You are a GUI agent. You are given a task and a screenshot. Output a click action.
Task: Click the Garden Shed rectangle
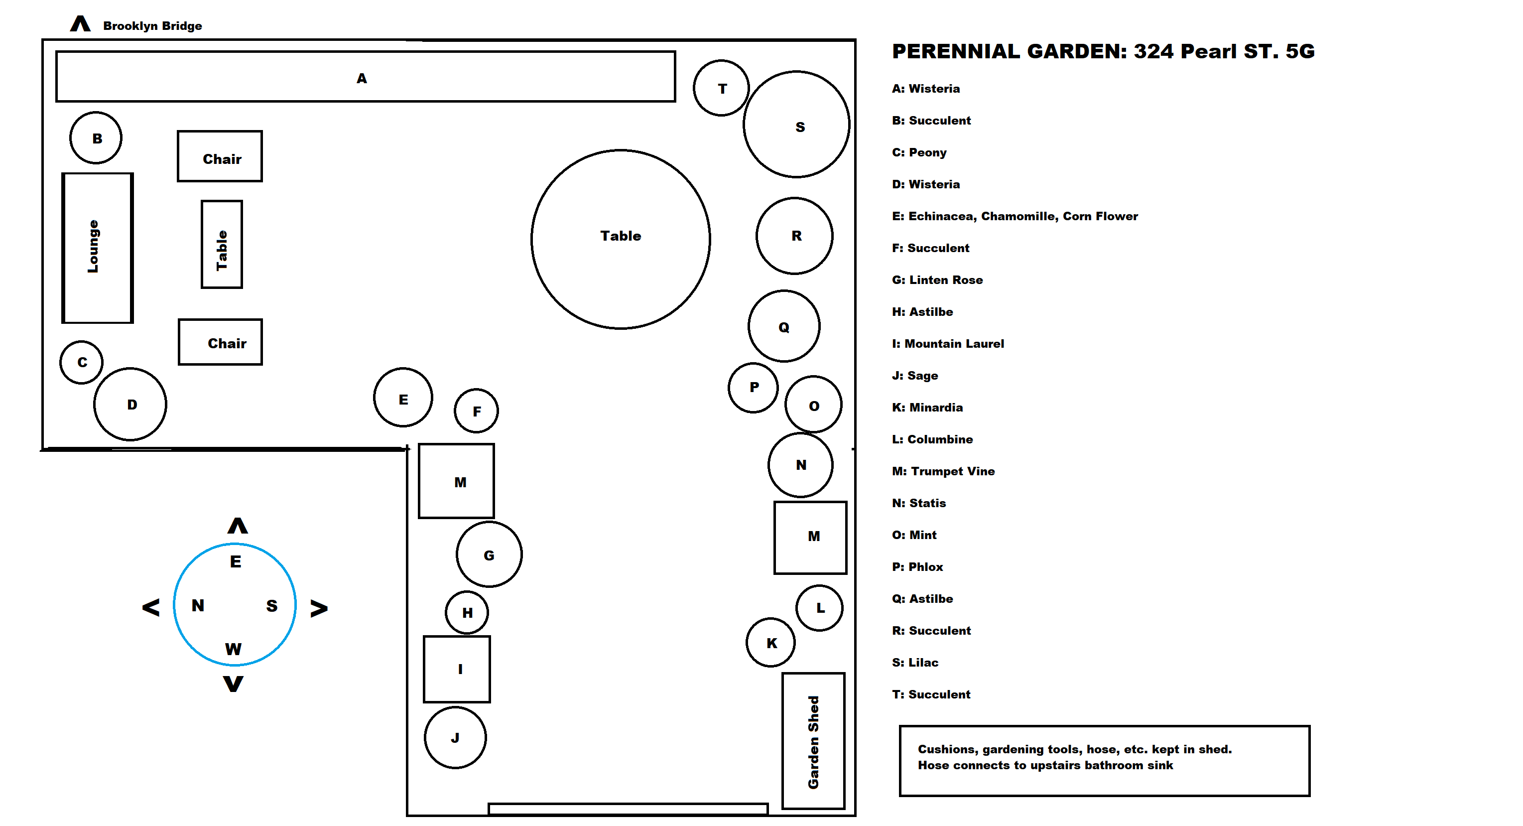coord(813,741)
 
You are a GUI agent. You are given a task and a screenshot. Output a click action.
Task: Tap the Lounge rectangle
coord(98,248)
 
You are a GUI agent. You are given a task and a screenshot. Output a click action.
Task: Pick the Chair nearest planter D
coord(220,342)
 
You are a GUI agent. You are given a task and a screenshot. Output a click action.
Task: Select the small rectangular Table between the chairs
coord(222,244)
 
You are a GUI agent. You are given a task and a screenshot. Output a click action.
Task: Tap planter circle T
coord(721,88)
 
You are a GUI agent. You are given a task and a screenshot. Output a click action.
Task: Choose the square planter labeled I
coord(457,669)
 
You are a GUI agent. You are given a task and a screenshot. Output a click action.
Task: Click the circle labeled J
coord(455,737)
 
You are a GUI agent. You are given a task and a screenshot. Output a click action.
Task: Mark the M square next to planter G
coord(456,481)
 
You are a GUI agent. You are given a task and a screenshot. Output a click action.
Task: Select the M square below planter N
coord(811,538)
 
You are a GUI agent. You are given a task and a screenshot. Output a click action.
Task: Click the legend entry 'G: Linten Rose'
coord(937,280)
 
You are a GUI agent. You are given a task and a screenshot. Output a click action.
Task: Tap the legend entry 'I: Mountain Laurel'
coord(948,344)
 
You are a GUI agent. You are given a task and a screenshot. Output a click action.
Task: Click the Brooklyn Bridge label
coord(152,26)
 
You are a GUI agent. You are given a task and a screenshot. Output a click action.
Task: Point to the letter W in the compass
coord(233,649)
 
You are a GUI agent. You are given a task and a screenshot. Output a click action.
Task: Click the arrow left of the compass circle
coord(151,607)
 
